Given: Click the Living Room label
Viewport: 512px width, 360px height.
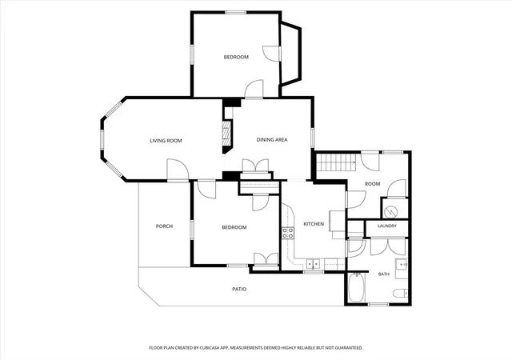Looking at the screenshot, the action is pos(166,141).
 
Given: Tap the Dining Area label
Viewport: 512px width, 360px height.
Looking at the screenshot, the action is pos(272,140).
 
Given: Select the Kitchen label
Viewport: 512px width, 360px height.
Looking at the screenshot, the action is pos(314,224).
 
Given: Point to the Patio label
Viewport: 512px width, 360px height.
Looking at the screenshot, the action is pos(239,289).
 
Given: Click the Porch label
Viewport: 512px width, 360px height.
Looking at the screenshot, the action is pos(164,226).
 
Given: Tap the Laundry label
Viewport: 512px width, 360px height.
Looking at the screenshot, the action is pos(387,226).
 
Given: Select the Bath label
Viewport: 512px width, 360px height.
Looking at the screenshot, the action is pos(384,274).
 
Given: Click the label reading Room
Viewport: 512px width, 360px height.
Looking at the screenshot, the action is pos(372,184).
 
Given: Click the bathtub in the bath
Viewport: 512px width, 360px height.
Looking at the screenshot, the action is pos(357,288).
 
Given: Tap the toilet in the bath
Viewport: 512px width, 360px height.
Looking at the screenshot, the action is pos(400,293).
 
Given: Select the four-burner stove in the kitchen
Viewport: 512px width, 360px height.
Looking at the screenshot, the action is pos(288,233).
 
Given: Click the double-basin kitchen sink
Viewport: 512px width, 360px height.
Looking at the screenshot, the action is pos(313,263).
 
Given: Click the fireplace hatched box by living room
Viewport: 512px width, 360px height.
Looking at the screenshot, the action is pos(226,134).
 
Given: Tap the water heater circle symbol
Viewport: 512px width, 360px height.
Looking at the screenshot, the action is pos(390,212).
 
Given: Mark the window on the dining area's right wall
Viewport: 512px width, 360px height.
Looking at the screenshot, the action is pos(313,138).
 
